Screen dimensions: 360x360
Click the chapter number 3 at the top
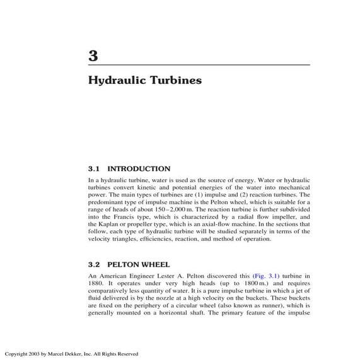coord(93,55)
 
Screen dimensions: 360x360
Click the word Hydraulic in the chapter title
coord(111,81)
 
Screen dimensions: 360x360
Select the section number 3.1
coord(94,168)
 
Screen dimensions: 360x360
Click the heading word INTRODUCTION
coord(139,168)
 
